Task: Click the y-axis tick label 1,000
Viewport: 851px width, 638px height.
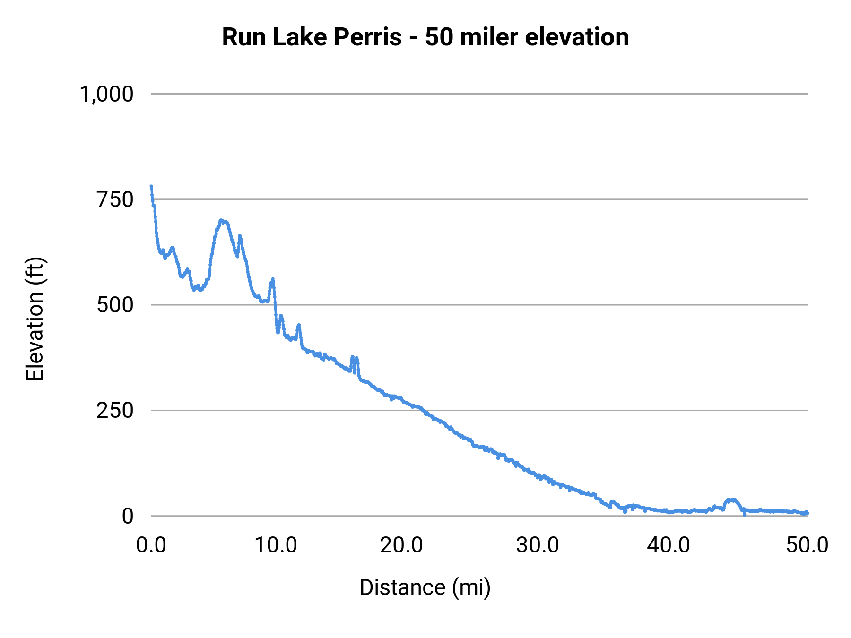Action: (107, 94)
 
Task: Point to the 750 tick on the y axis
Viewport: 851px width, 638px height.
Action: (115, 199)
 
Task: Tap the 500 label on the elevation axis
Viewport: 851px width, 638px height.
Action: (115, 305)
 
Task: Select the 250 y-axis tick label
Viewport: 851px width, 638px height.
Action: (115, 410)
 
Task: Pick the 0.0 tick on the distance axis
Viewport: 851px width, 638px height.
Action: (151, 545)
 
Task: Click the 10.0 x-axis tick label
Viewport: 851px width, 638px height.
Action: (276, 545)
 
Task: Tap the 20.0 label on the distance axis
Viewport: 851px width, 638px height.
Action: (401, 545)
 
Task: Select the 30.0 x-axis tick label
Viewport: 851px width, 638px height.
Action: (538, 545)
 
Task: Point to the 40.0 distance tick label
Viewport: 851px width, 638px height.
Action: (669, 545)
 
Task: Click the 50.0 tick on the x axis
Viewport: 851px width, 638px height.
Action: (807, 545)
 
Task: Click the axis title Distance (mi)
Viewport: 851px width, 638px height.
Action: (425, 587)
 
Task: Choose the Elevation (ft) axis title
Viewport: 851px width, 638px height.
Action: (35, 319)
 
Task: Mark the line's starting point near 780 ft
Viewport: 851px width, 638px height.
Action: (151, 187)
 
